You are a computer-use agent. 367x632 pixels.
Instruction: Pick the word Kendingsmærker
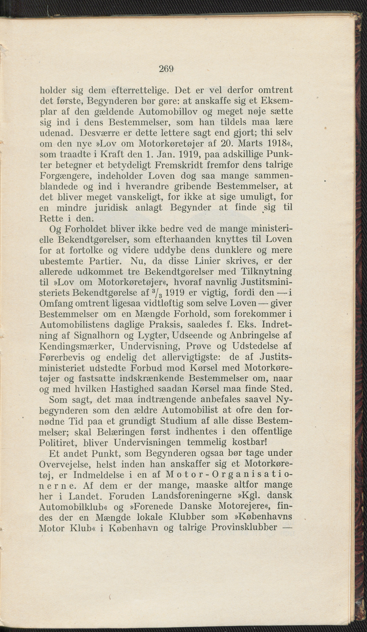click(77, 346)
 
